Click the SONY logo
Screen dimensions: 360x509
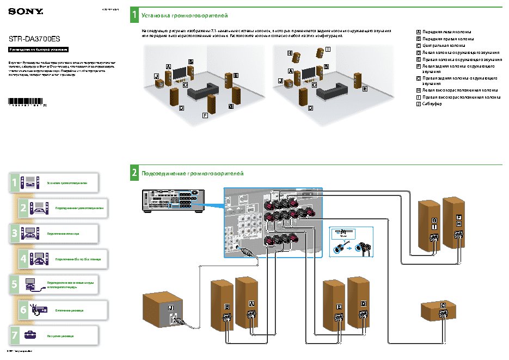19,11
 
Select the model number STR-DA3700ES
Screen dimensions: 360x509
34,39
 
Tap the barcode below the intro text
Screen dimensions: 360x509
26,101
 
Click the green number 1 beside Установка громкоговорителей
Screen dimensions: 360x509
134,15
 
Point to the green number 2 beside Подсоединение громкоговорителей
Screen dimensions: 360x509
134,173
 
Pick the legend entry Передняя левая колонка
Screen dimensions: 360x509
446,32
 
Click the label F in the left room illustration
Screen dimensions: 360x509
205,115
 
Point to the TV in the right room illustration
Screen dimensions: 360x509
308,72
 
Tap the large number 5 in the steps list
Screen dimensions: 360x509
14,284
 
